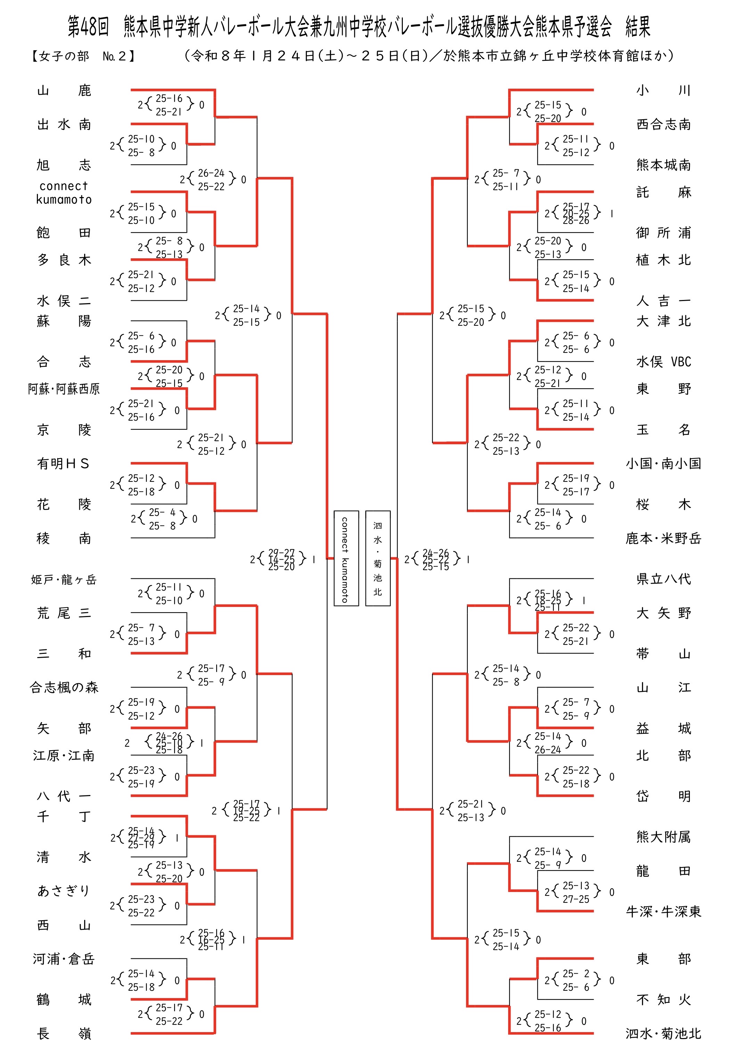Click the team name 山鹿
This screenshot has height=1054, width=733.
coord(64,90)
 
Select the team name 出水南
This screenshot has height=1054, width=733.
coord(64,124)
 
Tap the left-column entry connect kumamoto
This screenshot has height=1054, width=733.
coord(64,193)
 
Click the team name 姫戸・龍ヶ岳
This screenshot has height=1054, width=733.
coord(64,580)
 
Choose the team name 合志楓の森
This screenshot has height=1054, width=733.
coord(64,687)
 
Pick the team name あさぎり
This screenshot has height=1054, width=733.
coord(64,891)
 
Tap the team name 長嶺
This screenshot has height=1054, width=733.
coord(64,1034)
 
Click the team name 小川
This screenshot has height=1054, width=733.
coord(663,90)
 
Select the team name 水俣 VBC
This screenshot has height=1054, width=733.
coord(663,362)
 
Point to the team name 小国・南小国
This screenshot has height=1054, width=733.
coord(663,464)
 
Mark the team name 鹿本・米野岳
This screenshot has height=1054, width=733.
coord(663,538)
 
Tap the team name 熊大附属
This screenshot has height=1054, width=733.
coord(663,837)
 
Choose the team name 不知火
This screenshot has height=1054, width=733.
coord(663,1000)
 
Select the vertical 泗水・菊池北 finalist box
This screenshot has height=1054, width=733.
coord(378,558)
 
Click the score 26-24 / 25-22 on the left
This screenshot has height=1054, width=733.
coord(211,179)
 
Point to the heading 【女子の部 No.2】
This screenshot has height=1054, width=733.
coord(83,56)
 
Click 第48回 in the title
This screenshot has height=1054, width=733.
coord(88,27)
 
